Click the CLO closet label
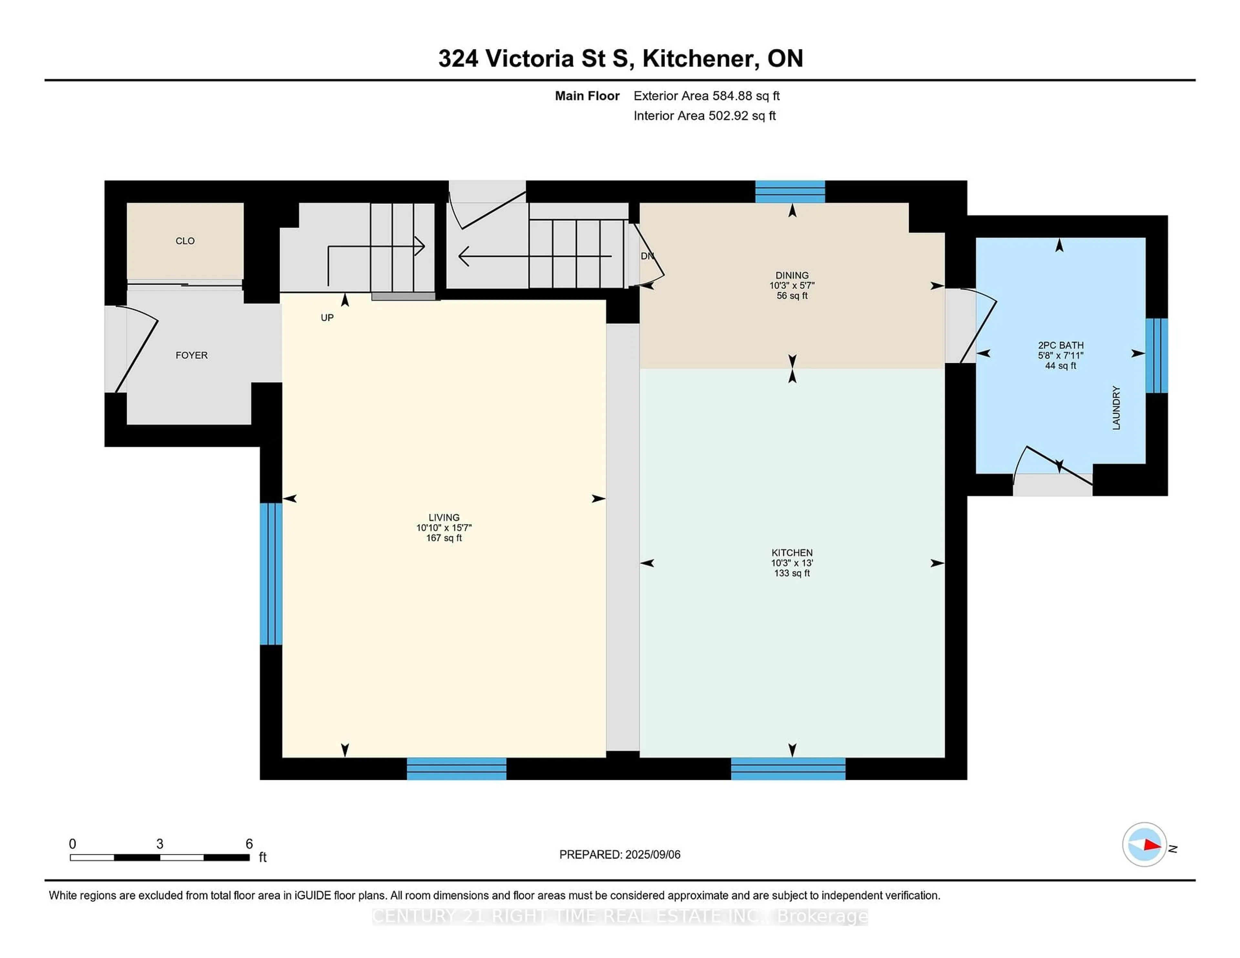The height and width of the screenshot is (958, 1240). click(185, 241)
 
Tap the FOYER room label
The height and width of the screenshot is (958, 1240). click(191, 355)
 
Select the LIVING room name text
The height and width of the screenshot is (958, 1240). click(444, 517)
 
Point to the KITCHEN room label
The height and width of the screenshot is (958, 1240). click(792, 552)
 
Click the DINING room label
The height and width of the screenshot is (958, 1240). click(792, 275)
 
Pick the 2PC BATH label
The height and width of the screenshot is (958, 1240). click(1060, 345)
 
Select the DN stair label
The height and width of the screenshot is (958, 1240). click(647, 256)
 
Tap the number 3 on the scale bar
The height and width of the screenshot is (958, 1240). click(160, 844)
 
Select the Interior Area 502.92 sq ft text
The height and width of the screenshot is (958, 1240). click(705, 116)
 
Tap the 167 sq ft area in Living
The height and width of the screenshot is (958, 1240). click(444, 537)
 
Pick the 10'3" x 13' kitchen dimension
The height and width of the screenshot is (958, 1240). click(792, 562)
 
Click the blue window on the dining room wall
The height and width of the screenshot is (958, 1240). click(790, 192)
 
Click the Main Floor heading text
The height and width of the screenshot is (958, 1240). click(587, 96)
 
